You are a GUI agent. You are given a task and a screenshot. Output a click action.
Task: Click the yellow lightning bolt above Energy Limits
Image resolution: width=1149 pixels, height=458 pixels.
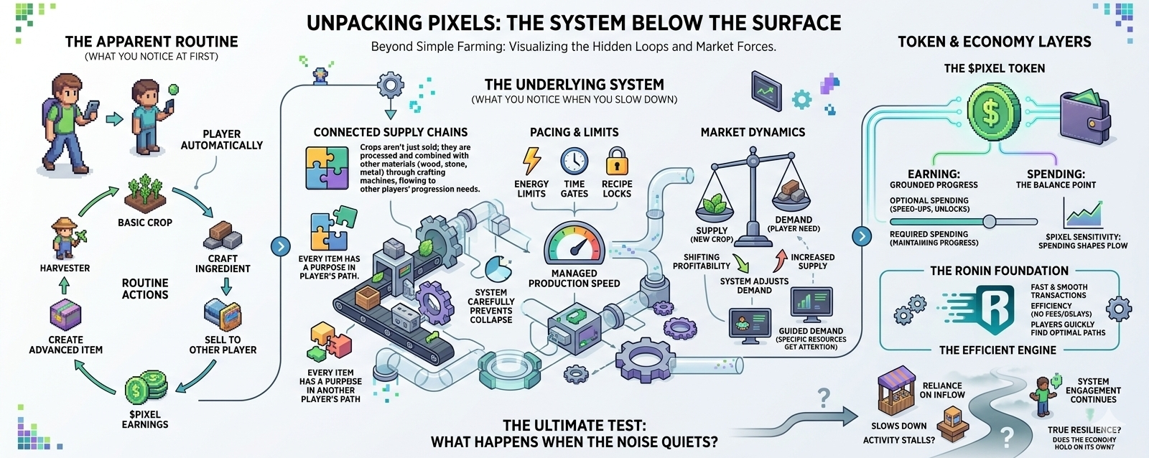(x=531, y=161)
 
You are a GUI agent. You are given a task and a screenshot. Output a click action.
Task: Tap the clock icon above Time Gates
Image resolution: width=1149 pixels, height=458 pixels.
(x=574, y=162)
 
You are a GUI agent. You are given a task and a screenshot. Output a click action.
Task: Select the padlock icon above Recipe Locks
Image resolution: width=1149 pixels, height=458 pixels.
(x=617, y=162)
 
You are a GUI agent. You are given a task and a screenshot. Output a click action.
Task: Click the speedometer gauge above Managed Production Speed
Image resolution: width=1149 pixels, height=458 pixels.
(x=574, y=244)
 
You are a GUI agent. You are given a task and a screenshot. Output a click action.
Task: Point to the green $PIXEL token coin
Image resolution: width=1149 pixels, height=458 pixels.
(x=993, y=111)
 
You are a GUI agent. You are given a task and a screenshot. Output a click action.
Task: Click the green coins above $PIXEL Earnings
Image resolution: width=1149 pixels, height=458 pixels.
(x=145, y=388)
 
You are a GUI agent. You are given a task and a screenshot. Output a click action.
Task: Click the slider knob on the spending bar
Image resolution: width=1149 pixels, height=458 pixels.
(x=990, y=221)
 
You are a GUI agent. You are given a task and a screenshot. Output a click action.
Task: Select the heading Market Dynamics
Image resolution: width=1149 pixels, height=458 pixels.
(x=753, y=132)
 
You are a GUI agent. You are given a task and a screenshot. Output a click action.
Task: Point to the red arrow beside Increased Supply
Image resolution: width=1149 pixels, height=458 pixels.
(x=781, y=258)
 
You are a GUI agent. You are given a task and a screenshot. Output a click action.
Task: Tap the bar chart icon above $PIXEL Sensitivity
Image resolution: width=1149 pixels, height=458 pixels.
(x=1083, y=213)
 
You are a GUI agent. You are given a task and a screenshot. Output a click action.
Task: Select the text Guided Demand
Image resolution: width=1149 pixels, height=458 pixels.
(x=811, y=331)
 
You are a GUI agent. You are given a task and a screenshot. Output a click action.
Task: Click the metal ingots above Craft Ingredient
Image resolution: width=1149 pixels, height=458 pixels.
(x=223, y=235)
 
